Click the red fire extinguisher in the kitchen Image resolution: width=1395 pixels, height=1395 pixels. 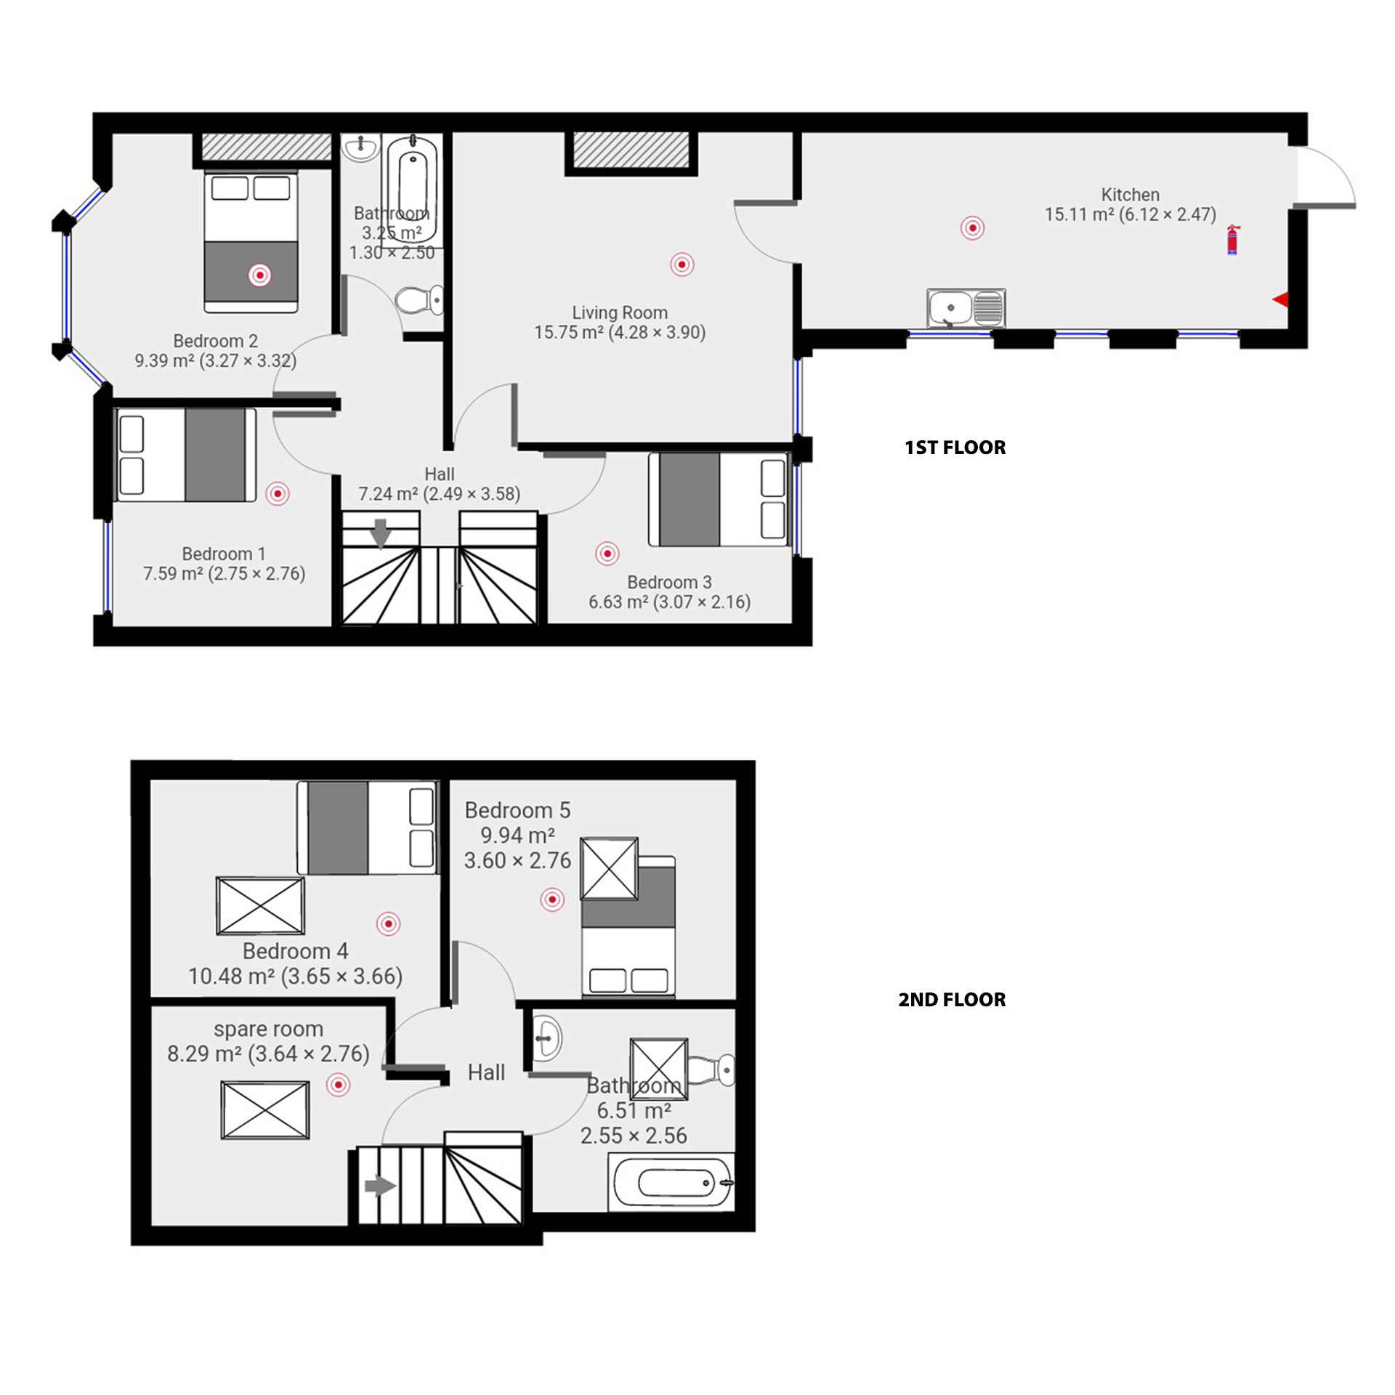(1233, 240)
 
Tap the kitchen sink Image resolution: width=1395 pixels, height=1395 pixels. (966, 307)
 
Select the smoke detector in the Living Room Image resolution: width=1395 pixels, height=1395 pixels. (682, 264)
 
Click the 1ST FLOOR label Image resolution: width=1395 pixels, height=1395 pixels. (955, 448)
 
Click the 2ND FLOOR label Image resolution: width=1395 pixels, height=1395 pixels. (952, 1000)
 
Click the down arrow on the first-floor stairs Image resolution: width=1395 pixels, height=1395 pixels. (381, 534)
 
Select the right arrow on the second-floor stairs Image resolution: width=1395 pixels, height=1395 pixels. (379, 1186)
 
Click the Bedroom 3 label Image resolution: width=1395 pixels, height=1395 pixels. (669, 582)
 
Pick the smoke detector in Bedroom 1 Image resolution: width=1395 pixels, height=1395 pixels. (278, 494)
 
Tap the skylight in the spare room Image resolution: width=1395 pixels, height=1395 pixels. (265, 1110)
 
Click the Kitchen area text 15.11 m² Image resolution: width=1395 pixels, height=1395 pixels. (1078, 215)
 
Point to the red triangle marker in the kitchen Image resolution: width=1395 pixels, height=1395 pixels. (1281, 299)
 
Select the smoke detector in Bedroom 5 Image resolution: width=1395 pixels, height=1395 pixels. (552, 900)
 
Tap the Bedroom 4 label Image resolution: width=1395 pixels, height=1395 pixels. (295, 951)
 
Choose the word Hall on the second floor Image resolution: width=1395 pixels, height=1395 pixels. (486, 1072)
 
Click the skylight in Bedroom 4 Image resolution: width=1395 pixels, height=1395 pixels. (260, 906)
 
